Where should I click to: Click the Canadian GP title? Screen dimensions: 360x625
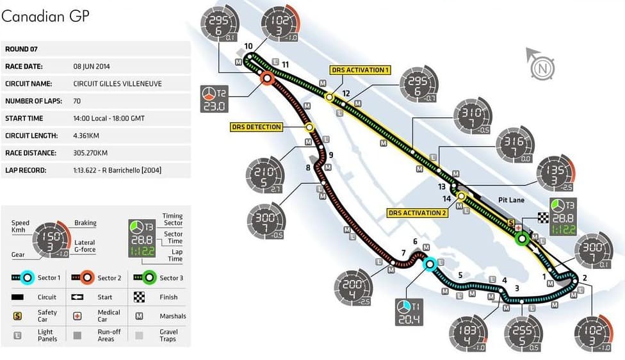coord(45,16)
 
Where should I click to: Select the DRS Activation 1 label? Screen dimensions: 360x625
coord(360,70)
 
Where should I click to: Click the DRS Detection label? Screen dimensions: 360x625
coord(256,127)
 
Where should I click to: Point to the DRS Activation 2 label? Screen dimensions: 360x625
coord(418,213)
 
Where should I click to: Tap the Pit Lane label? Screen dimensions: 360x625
coord(511,200)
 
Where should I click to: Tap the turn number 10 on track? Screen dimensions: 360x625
coord(248,46)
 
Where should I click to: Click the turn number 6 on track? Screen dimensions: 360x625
coord(415,241)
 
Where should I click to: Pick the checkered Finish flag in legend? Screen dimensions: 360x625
coord(139,297)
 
